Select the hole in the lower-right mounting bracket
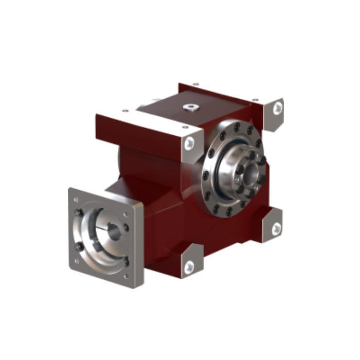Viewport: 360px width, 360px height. [276, 227]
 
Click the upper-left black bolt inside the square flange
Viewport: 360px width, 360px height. [81, 212]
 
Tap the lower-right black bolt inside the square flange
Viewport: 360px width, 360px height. [126, 261]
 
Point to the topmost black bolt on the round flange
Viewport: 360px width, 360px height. [236, 126]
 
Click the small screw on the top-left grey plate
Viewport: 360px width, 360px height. [124, 111]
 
